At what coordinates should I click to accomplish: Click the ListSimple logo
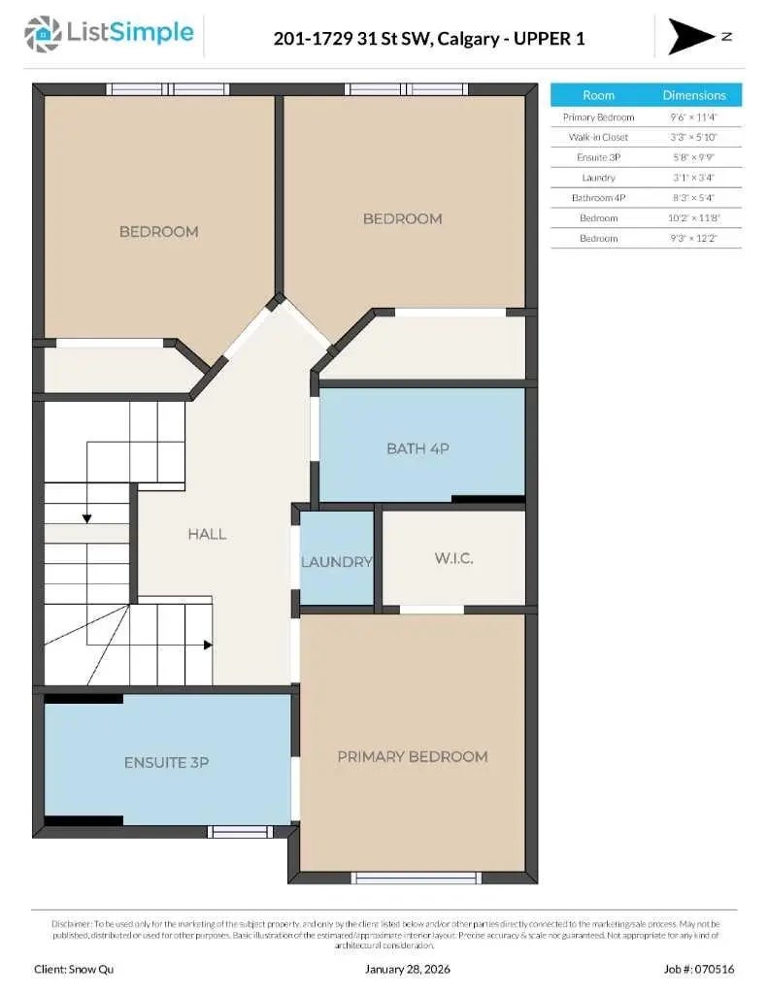(109, 34)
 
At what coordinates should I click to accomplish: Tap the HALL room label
(207, 534)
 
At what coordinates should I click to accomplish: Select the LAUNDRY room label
(336, 562)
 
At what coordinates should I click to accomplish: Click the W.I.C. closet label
(452, 558)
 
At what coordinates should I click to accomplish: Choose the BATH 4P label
(417, 448)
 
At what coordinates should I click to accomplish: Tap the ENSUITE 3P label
(166, 763)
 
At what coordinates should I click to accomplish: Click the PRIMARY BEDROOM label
(412, 756)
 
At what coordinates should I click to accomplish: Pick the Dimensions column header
(693, 95)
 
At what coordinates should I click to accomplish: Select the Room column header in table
(598, 95)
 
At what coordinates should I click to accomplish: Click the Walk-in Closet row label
(598, 137)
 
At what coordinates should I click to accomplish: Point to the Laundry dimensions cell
(693, 178)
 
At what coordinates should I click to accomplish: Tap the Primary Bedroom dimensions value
(693, 116)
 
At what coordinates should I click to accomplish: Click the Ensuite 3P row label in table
(598, 157)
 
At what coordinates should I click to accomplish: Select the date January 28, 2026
(408, 969)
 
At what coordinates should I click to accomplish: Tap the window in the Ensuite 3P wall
(241, 831)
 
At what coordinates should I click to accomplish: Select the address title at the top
(429, 39)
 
